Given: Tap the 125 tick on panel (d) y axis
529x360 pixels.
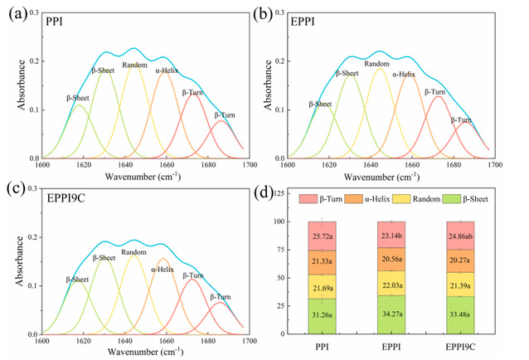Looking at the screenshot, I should point(279,192).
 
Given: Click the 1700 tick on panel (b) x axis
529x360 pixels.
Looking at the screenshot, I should point(494,165).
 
